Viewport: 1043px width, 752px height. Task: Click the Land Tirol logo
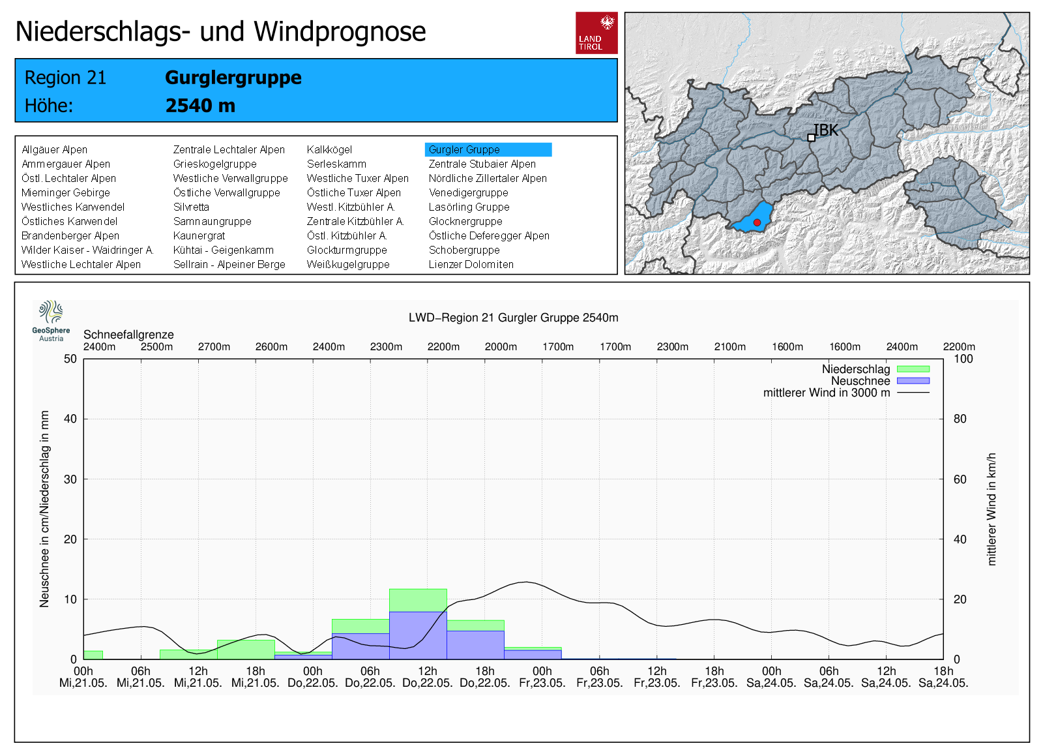pyautogui.click(x=596, y=33)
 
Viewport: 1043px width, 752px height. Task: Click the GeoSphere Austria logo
pyautogui.click(x=51, y=320)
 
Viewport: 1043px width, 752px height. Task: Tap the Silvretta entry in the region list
pyautogui.click(x=191, y=207)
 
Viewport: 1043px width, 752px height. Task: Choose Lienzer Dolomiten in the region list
pyautogui.click(x=471, y=264)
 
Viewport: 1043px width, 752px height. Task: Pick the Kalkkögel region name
pyautogui.click(x=329, y=149)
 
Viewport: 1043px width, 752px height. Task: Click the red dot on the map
pyautogui.click(x=757, y=222)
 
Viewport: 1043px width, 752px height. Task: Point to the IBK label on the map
pyautogui.click(x=827, y=130)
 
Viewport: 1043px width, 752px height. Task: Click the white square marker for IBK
pyautogui.click(x=811, y=138)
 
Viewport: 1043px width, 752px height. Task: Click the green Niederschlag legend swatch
pyautogui.click(x=913, y=369)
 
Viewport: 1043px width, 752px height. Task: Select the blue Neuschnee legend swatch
pyautogui.click(x=913, y=381)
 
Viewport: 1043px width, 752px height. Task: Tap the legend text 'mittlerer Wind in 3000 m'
pyautogui.click(x=826, y=393)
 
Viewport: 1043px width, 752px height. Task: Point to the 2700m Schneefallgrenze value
pyautogui.click(x=214, y=347)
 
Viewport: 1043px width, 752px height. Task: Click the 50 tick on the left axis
pyautogui.click(x=70, y=359)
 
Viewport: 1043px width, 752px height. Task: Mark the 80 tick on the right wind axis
pyautogui.click(x=960, y=419)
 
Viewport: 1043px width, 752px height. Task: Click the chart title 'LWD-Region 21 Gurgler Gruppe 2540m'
pyautogui.click(x=513, y=318)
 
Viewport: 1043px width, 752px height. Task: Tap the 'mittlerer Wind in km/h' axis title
pyautogui.click(x=992, y=509)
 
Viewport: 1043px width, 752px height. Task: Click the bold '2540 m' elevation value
pyautogui.click(x=200, y=106)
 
